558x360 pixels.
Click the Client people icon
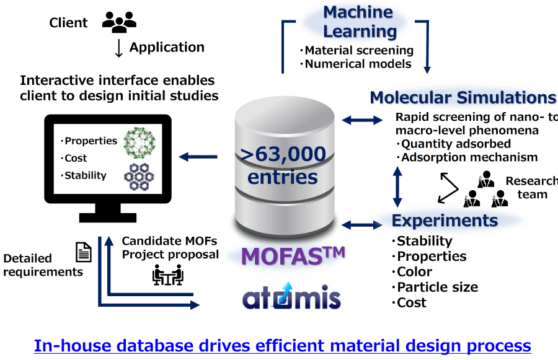click(x=119, y=22)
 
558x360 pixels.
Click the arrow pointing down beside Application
click(x=119, y=48)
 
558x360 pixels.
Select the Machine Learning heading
click(x=359, y=22)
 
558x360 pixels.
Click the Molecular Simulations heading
click(x=463, y=97)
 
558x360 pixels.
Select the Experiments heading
click(x=445, y=221)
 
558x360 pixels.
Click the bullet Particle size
click(x=437, y=287)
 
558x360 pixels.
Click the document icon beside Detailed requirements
click(x=83, y=252)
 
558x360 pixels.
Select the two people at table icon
click(x=167, y=274)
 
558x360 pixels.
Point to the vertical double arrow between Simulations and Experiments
click(x=397, y=185)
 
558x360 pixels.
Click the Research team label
click(x=531, y=187)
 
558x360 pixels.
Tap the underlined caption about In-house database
click(x=282, y=345)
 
